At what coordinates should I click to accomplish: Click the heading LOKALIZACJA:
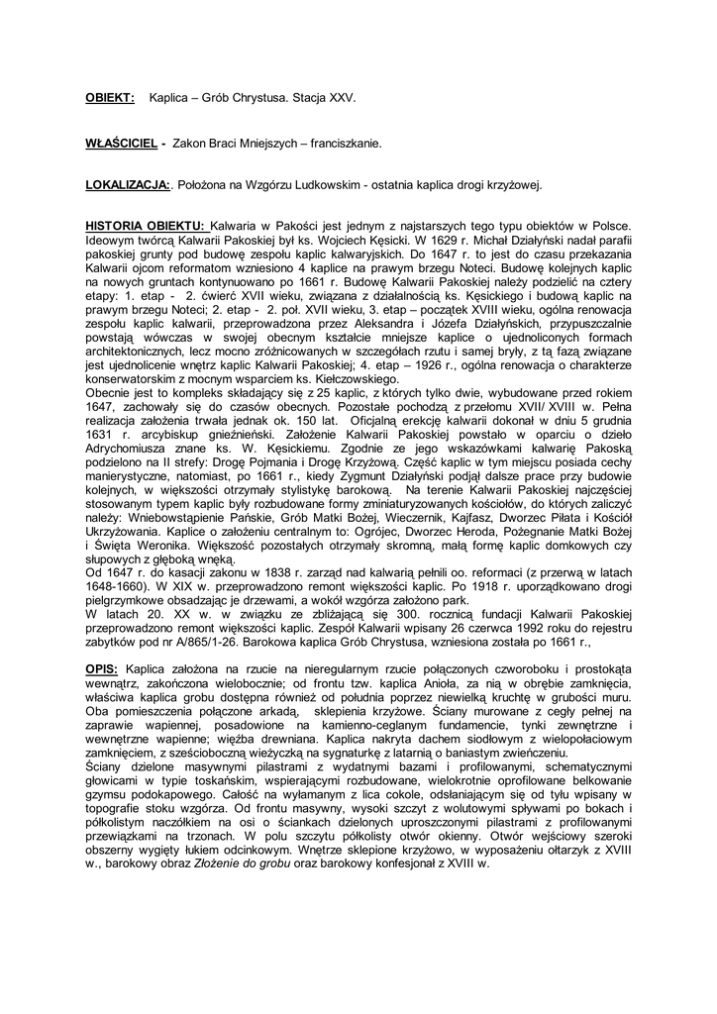click(x=128, y=185)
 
